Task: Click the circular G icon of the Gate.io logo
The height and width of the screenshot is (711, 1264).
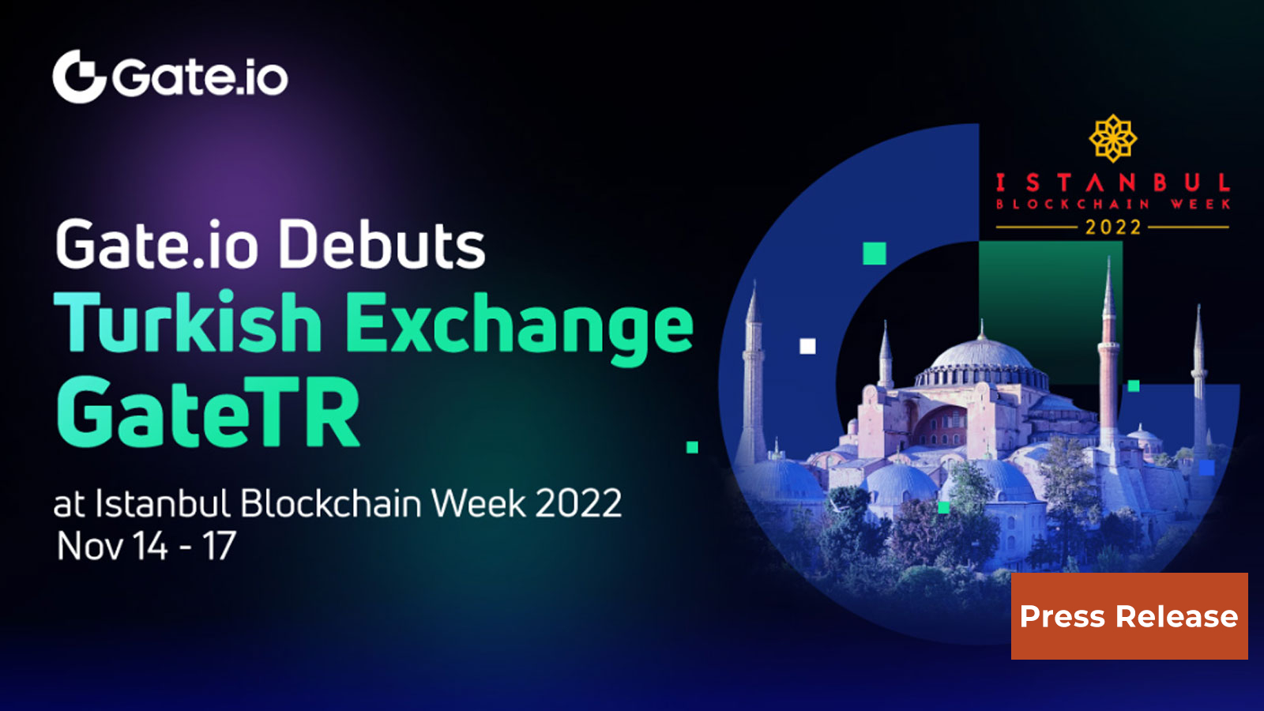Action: pos(79,77)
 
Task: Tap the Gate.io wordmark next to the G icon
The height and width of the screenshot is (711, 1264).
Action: pos(200,77)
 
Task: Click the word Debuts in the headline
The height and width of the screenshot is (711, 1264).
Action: pos(382,245)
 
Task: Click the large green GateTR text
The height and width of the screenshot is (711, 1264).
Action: pos(208,412)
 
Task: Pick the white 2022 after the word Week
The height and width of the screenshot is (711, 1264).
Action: pos(578,503)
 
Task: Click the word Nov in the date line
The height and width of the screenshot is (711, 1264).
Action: pos(88,546)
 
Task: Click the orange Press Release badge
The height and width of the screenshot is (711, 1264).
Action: pos(1129,616)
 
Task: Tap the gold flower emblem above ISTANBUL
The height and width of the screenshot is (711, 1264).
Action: pos(1112,138)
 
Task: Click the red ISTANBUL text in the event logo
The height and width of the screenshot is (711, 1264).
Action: pos(1112,183)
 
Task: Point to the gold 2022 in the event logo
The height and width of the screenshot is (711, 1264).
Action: pos(1113,228)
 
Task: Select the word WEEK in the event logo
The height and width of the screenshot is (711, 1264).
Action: pos(1201,205)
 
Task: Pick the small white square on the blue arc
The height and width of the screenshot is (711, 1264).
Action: pos(807,346)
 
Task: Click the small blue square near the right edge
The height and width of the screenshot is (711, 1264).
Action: pos(1206,468)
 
